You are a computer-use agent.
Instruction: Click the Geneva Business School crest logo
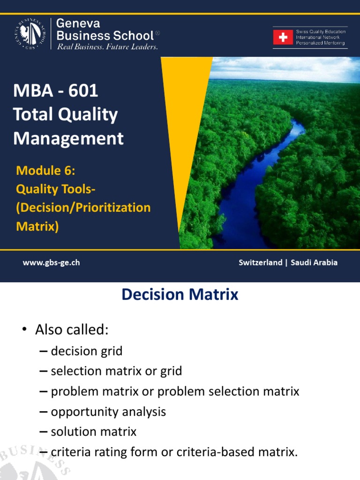tap(30, 34)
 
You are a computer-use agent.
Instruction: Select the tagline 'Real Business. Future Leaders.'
tap(107, 47)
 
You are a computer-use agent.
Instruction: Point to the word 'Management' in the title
tap(68, 138)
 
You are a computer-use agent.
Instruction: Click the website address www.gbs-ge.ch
tap(51, 262)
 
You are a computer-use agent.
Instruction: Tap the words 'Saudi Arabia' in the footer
tap(314, 262)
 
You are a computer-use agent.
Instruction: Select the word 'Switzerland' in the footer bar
tap(260, 262)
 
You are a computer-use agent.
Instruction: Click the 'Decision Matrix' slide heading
tap(180, 294)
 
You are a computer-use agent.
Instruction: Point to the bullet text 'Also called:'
tap(72, 330)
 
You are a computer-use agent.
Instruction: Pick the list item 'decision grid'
tap(87, 351)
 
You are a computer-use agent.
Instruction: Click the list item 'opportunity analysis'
tap(108, 412)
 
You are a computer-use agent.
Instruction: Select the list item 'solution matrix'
tap(94, 432)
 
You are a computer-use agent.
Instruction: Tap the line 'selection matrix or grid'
tap(116, 371)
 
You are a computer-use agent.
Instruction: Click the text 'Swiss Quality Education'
tap(321, 31)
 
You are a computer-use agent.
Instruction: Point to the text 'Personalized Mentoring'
tap(320, 43)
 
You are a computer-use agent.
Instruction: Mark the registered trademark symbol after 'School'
tap(157, 33)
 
